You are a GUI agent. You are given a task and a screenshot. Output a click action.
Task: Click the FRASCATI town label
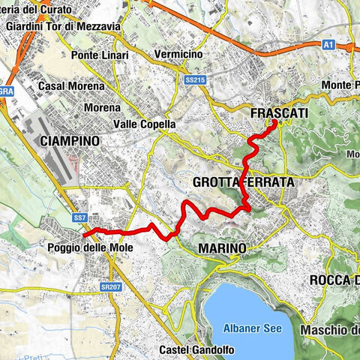coord(275,112)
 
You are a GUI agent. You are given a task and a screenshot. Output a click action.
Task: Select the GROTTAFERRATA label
coord(242,182)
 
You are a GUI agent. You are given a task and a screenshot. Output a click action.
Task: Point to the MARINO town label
coord(222,247)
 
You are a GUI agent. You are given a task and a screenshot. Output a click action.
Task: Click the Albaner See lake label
coord(250,327)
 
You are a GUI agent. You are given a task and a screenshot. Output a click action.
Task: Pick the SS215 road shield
coord(194,77)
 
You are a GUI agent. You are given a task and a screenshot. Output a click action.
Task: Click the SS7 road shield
coord(80,217)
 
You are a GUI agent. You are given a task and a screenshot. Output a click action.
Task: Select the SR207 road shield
coord(110,286)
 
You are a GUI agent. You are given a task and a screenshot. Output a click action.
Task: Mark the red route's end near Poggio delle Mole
coord(92,231)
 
